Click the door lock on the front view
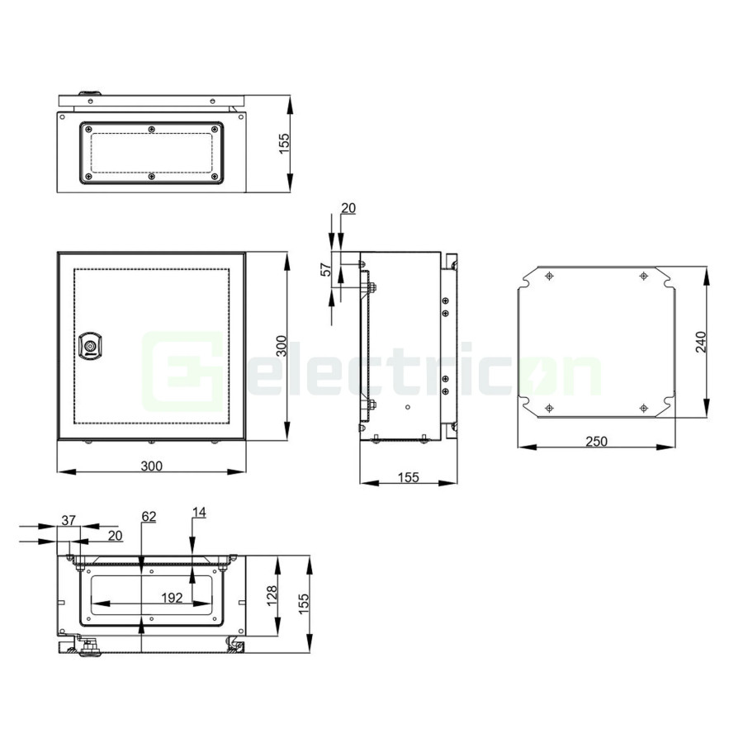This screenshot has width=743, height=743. point(91,346)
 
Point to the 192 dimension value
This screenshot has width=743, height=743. point(172,598)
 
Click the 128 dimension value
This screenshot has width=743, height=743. point(272,595)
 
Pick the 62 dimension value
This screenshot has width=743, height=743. point(149,516)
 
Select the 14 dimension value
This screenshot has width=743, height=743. point(199,512)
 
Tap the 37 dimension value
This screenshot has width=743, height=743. point(69,520)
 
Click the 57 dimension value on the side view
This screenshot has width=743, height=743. point(326,269)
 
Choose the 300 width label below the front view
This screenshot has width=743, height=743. point(152,466)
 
